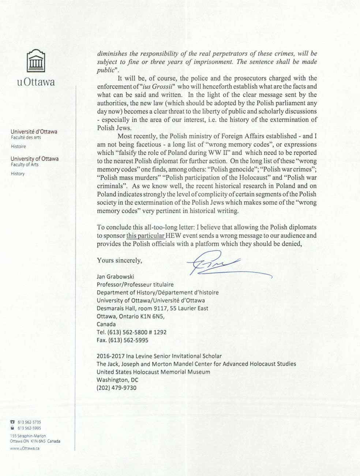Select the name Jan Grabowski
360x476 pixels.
click(x=115, y=277)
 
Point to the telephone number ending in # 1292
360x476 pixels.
click(x=132, y=332)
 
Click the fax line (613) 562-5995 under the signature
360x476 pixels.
click(x=123, y=340)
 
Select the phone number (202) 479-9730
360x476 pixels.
click(x=116, y=388)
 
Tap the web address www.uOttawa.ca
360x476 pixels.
click(x=25, y=448)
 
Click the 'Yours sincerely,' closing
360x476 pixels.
click(x=119, y=261)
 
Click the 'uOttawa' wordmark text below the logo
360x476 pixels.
click(x=36, y=82)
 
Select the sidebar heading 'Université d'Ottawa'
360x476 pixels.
click(x=34, y=132)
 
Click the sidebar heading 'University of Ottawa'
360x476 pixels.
click(x=34, y=159)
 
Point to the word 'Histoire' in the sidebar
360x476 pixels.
click(x=18, y=146)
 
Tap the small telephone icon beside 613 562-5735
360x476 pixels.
click(x=13, y=422)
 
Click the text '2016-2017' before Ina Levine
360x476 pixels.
click(x=109, y=356)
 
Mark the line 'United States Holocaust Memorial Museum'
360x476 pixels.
click(x=153, y=372)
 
